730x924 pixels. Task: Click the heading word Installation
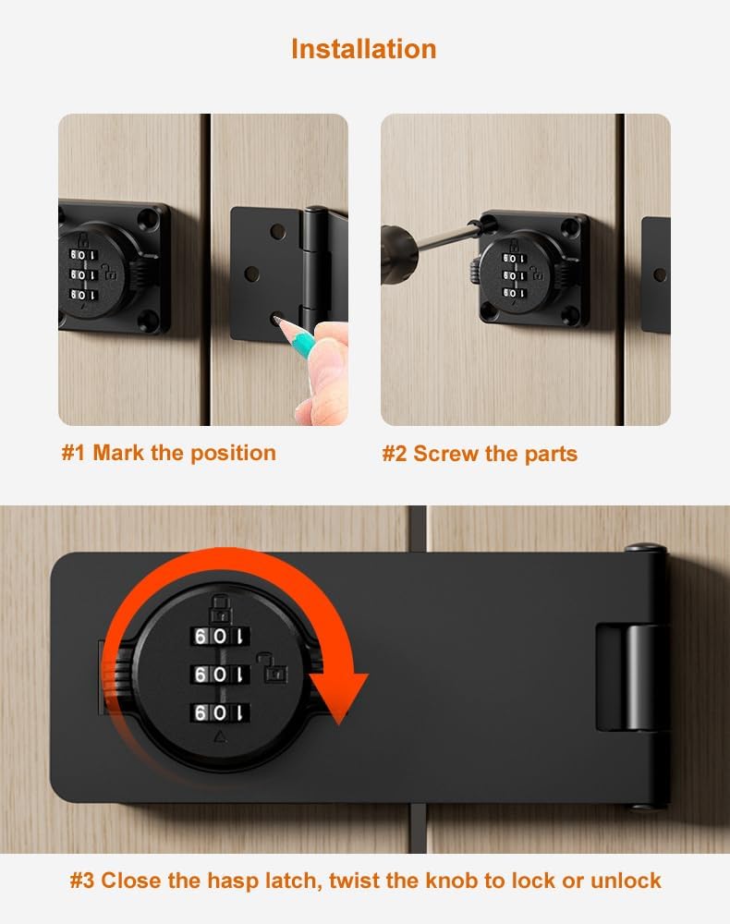pyautogui.click(x=363, y=48)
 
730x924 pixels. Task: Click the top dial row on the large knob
pyautogui.click(x=220, y=637)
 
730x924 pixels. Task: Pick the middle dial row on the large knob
pyautogui.click(x=220, y=675)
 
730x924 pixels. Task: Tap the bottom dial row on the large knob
pyautogui.click(x=220, y=712)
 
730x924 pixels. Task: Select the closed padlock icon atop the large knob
pyautogui.click(x=220, y=606)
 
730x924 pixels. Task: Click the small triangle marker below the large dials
pyautogui.click(x=220, y=736)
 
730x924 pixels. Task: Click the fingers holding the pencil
pyautogui.click(x=318, y=370)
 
